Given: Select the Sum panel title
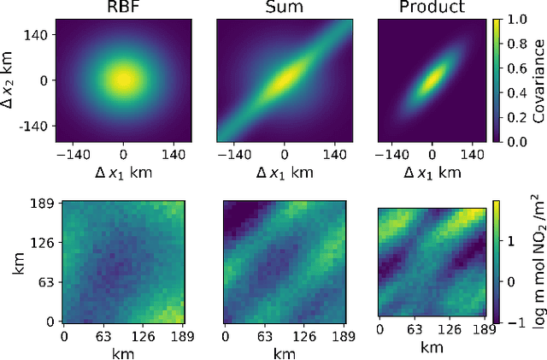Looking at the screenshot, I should click(x=284, y=9).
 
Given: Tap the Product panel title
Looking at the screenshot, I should click(x=432, y=9).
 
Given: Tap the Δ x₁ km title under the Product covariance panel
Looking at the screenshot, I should click(x=432, y=173).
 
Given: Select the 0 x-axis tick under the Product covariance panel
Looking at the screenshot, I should click(x=432, y=156).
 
